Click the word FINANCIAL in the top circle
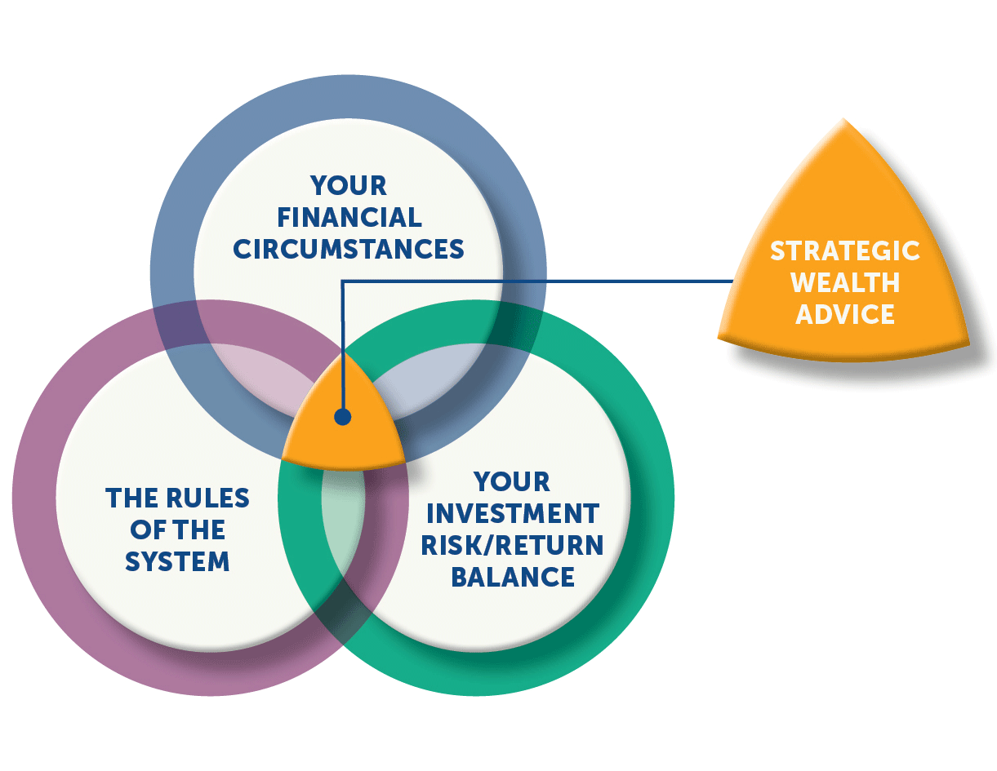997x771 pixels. tap(349, 217)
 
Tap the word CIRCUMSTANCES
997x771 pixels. tap(348, 250)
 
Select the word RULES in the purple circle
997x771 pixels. tap(207, 498)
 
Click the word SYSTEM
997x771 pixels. tap(177, 561)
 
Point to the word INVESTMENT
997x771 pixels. tap(513, 513)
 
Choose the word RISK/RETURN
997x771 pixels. tap(512, 545)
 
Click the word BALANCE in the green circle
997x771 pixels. tap(513, 577)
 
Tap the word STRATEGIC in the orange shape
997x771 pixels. tap(844, 250)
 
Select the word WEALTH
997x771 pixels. tap(844, 282)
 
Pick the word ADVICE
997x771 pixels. tap(844, 314)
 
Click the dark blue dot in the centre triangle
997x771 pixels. tap(343, 417)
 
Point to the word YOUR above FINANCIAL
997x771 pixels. tap(348, 186)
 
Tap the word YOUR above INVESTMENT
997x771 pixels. tap(512, 481)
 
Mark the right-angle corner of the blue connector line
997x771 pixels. tap(342, 281)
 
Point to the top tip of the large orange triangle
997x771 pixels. tap(843, 119)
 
